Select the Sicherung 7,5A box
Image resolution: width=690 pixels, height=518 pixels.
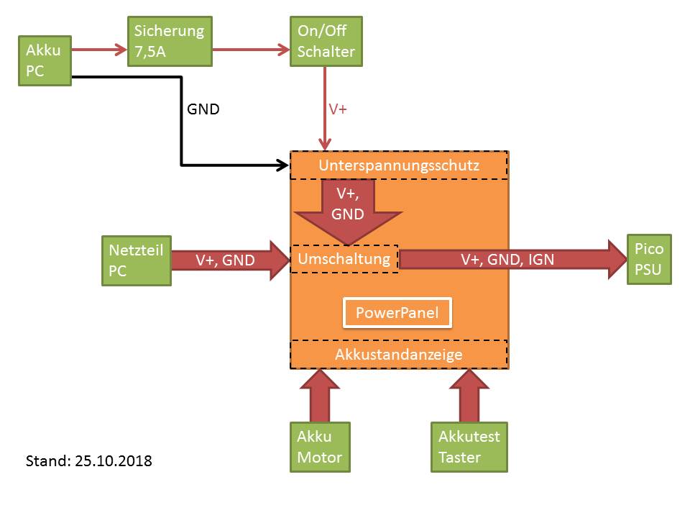pyautogui.click(x=170, y=41)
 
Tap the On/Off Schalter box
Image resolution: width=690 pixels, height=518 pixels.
pyautogui.click(x=326, y=41)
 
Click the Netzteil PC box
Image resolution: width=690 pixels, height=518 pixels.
pyautogui.click(x=137, y=260)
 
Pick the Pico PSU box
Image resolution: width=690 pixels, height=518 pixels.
pyautogui.click(x=649, y=259)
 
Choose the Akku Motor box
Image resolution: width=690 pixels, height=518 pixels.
pyautogui.click(x=320, y=447)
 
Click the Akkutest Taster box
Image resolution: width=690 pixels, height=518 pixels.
pyautogui.click(x=469, y=447)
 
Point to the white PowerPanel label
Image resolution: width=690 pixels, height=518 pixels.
pyautogui.click(x=397, y=313)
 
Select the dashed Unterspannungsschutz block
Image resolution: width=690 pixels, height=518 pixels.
pyautogui.click(x=399, y=165)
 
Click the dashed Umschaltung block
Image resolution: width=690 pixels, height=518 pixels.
pyautogui.click(x=344, y=258)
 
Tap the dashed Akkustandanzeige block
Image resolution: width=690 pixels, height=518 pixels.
pyautogui.click(x=399, y=354)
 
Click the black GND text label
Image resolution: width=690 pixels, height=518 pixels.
pyautogui.click(x=203, y=110)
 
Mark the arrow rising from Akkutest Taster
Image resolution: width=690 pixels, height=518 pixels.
pyautogui.click(x=469, y=396)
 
